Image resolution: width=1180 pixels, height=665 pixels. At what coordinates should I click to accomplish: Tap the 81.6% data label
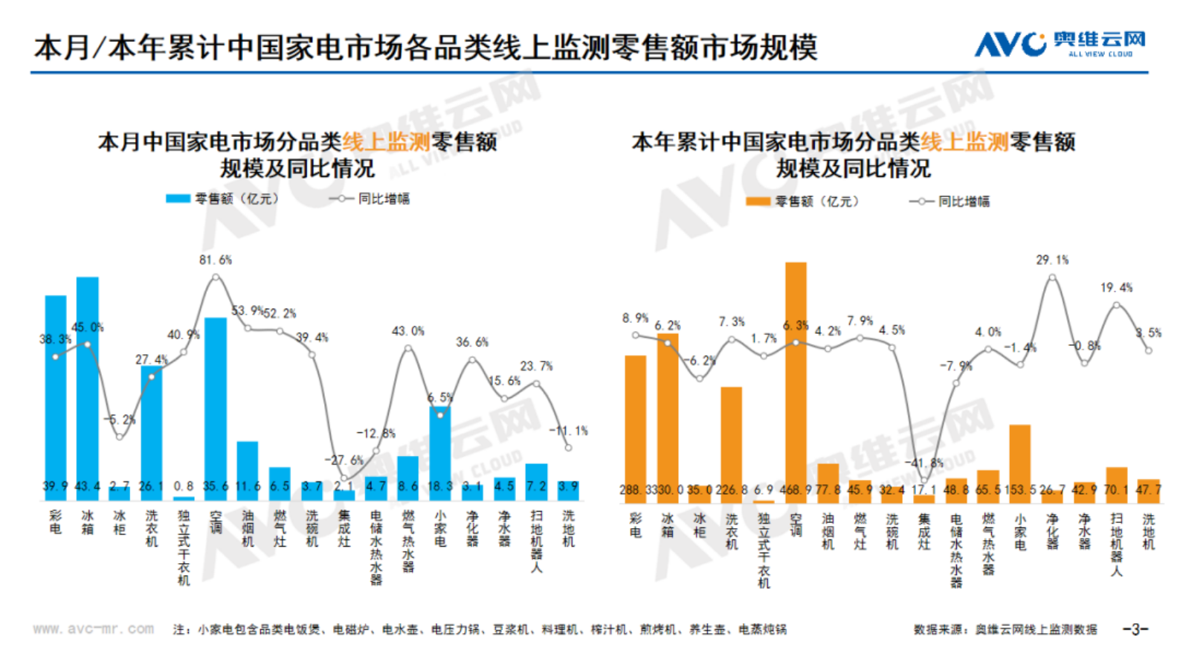216,260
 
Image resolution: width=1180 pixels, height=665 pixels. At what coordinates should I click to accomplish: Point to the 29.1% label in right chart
1052,260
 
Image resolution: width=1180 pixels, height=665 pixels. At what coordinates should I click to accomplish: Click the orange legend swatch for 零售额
758,202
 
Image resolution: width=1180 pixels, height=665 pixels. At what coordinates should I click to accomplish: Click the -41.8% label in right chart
923,463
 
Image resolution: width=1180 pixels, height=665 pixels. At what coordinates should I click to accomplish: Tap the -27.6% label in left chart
344,460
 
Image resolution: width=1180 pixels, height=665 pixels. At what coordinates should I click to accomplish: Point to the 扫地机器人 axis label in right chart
1116,544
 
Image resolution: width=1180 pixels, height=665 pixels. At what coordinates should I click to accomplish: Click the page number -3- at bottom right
1135,629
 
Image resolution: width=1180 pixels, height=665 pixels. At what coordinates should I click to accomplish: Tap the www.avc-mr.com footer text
94,629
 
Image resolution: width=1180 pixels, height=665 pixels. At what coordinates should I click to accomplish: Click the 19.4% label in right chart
1116,288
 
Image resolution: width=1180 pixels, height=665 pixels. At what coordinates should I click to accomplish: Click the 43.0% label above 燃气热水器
407,331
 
